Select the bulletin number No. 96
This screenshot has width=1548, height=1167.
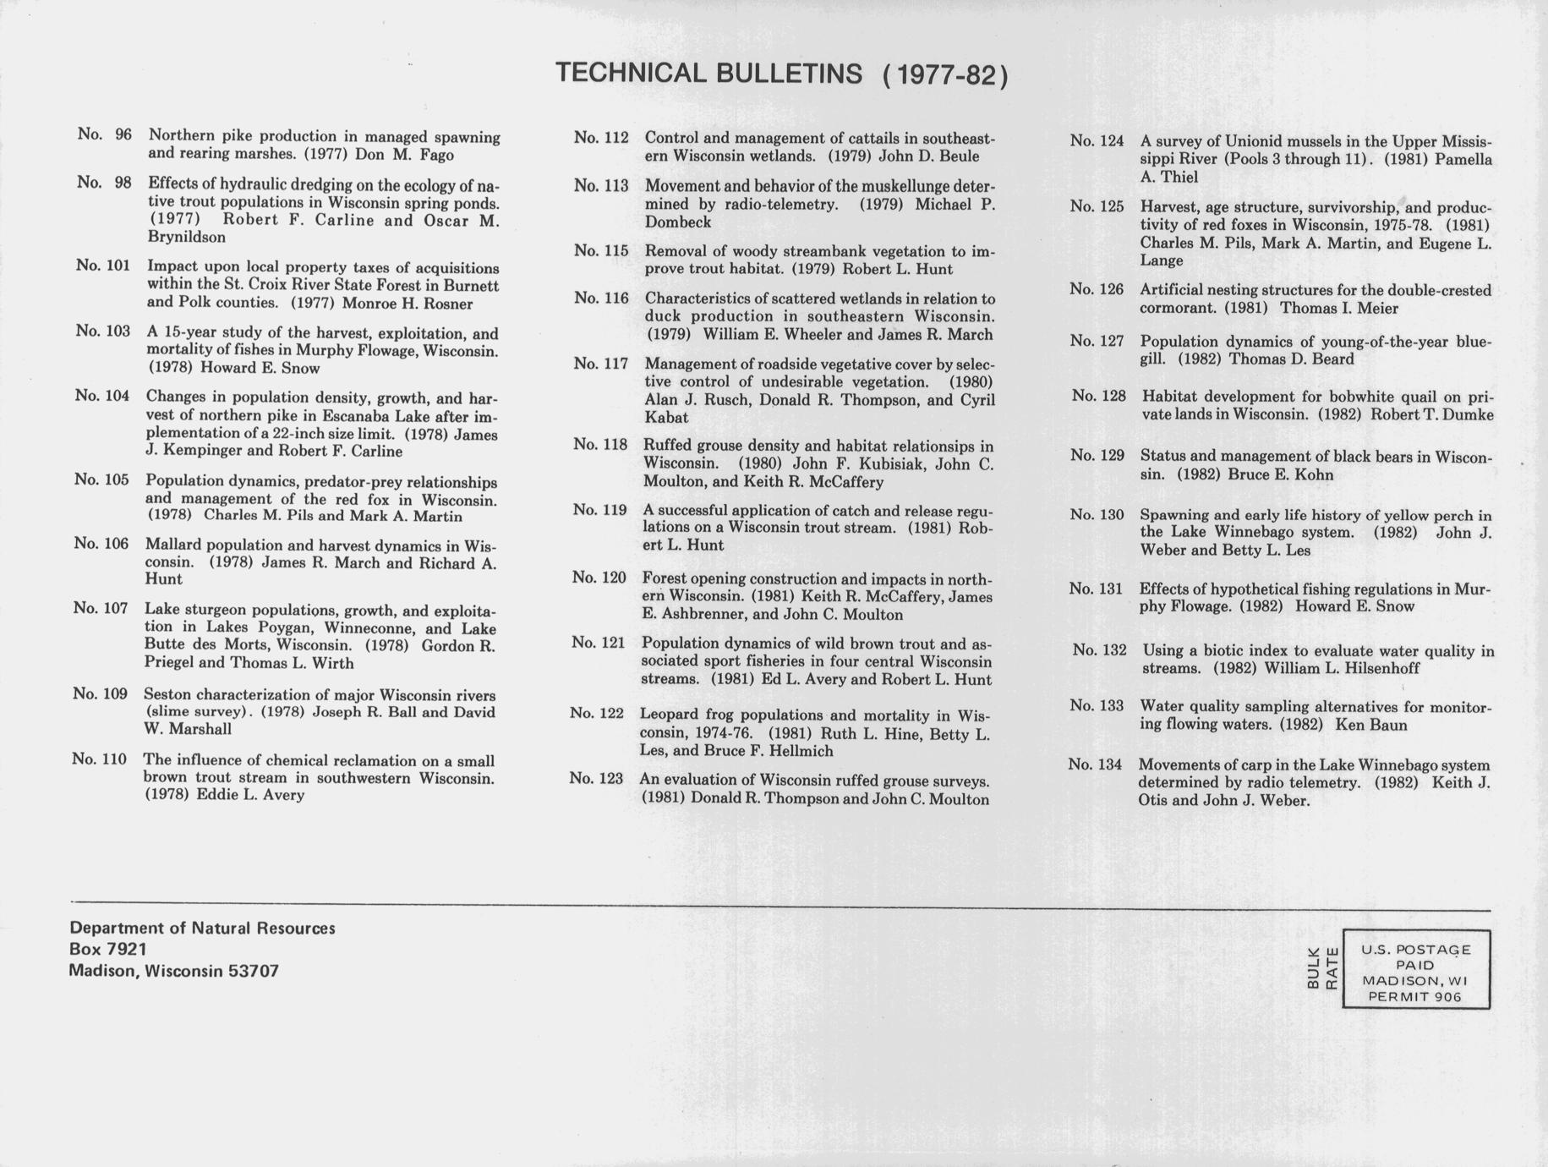tap(104, 134)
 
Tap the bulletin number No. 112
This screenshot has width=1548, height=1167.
tap(600, 138)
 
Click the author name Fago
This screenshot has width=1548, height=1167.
tap(436, 155)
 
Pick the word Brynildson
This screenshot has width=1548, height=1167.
tap(186, 238)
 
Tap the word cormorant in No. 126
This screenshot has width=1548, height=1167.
tap(1178, 308)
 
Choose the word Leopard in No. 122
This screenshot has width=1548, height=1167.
tap(668, 715)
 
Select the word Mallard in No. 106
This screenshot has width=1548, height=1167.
tap(172, 545)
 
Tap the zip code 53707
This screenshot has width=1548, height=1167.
tap(253, 972)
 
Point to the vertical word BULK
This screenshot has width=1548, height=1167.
tap(1313, 969)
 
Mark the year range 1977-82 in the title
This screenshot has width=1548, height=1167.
tap(944, 76)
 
